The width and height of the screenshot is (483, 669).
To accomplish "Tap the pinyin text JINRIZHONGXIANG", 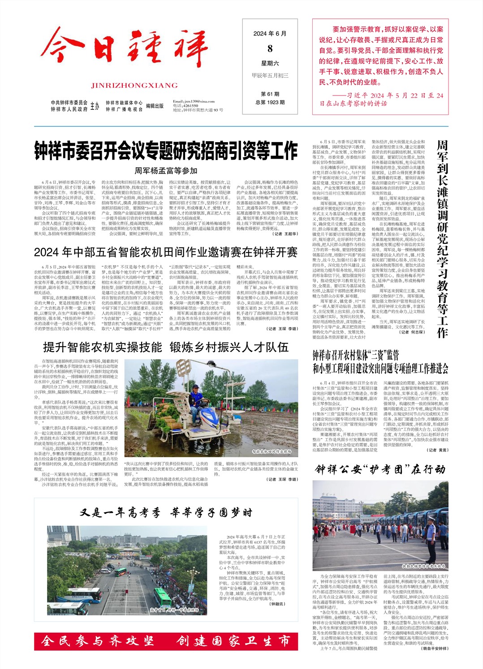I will [x=134, y=86].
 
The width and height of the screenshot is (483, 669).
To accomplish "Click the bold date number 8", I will [x=270, y=48].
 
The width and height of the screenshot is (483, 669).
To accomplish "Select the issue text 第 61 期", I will [x=270, y=94].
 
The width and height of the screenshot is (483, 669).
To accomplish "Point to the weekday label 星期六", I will [x=270, y=63].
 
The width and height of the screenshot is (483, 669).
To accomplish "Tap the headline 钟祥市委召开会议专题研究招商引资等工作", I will [x=166, y=151].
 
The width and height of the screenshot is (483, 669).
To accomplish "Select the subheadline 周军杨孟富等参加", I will [x=166, y=171].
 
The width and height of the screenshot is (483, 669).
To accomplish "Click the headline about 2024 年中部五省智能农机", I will [x=166, y=252].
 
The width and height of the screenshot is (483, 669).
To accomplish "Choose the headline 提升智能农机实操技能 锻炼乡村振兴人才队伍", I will [x=166, y=348].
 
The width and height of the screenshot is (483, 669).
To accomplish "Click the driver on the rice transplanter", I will [x=196, y=397].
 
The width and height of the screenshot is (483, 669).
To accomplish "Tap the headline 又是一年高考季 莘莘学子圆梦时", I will [x=166, y=513].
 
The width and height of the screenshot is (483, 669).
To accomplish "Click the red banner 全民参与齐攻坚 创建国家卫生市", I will [x=166, y=642].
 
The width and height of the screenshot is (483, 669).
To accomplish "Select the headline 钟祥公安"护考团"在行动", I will [x=380, y=469].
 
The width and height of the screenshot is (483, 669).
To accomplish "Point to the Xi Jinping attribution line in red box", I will [x=381, y=99].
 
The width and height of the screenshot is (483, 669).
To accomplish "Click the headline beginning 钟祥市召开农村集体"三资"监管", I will [x=380, y=362].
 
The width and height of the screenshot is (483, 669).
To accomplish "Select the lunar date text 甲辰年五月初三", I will [x=270, y=76].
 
